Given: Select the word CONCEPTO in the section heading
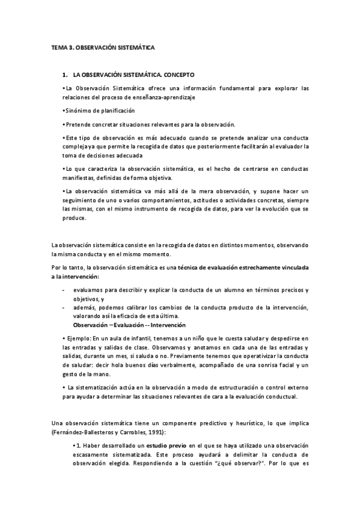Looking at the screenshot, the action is pyautogui.click(x=178, y=76).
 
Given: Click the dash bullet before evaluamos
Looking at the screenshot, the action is pyautogui.click(x=64, y=290).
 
